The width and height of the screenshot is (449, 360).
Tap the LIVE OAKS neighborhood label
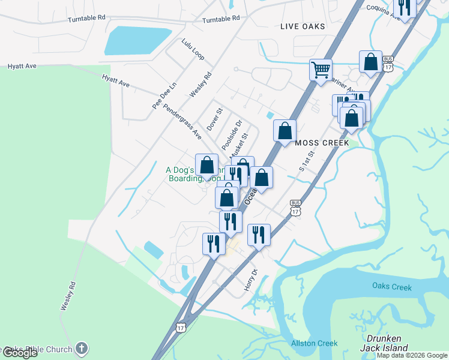click(303, 26)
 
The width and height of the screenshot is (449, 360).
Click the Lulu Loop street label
click(193, 49)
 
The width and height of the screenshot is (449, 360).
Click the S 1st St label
click(307, 161)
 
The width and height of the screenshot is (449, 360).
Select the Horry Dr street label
click(250, 281)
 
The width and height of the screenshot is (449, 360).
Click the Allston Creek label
click(315, 343)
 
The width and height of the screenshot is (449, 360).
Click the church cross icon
click(82, 348)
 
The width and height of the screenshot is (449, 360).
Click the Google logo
click(19, 353)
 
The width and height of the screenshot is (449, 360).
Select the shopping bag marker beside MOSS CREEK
click(285, 130)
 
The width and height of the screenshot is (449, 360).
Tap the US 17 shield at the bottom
click(181, 327)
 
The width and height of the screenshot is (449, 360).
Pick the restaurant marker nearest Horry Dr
click(259, 234)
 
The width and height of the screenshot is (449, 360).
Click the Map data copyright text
click(412, 355)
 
